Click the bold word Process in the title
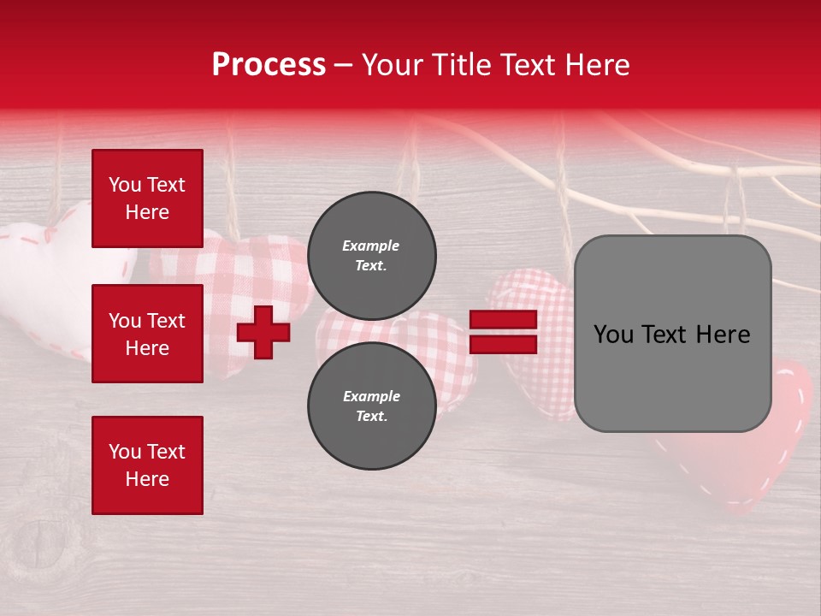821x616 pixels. click(x=269, y=65)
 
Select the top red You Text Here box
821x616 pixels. click(x=147, y=198)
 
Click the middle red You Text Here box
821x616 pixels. click(x=147, y=334)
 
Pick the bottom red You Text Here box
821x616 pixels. click(x=147, y=465)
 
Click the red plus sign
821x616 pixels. click(x=263, y=332)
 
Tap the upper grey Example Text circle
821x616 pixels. click(x=372, y=255)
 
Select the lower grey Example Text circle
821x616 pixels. click(x=372, y=406)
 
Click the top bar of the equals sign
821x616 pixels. click(x=503, y=320)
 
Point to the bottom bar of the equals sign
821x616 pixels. click(x=503, y=345)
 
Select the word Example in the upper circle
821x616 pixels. click(x=371, y=246)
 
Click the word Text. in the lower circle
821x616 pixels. click(x=371, y=417)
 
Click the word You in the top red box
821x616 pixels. click(x=123, y=185)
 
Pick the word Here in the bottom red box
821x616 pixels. click(x=147, y=479)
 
